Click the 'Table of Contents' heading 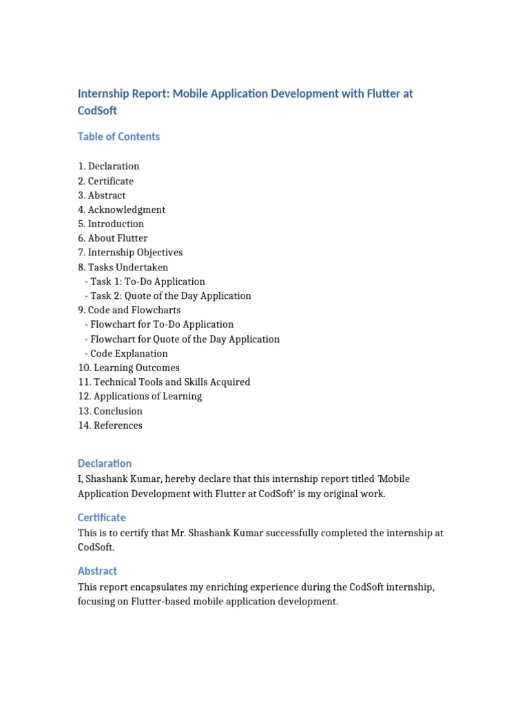[118, 136]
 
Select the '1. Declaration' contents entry [108, 166]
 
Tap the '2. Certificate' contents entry [105, 181]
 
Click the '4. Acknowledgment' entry [121, 209]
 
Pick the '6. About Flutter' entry [112, 238]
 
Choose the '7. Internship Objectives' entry [130, 253]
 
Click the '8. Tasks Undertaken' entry [123, 267]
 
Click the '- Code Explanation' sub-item [126, 353]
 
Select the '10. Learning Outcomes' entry [128, 368]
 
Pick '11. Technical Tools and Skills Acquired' [164, 382]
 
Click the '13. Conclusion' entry [110, 411]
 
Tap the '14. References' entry [110, 425]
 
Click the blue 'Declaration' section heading [105, 463]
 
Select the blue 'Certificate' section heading [102, 517]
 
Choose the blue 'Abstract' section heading [97, 571]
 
